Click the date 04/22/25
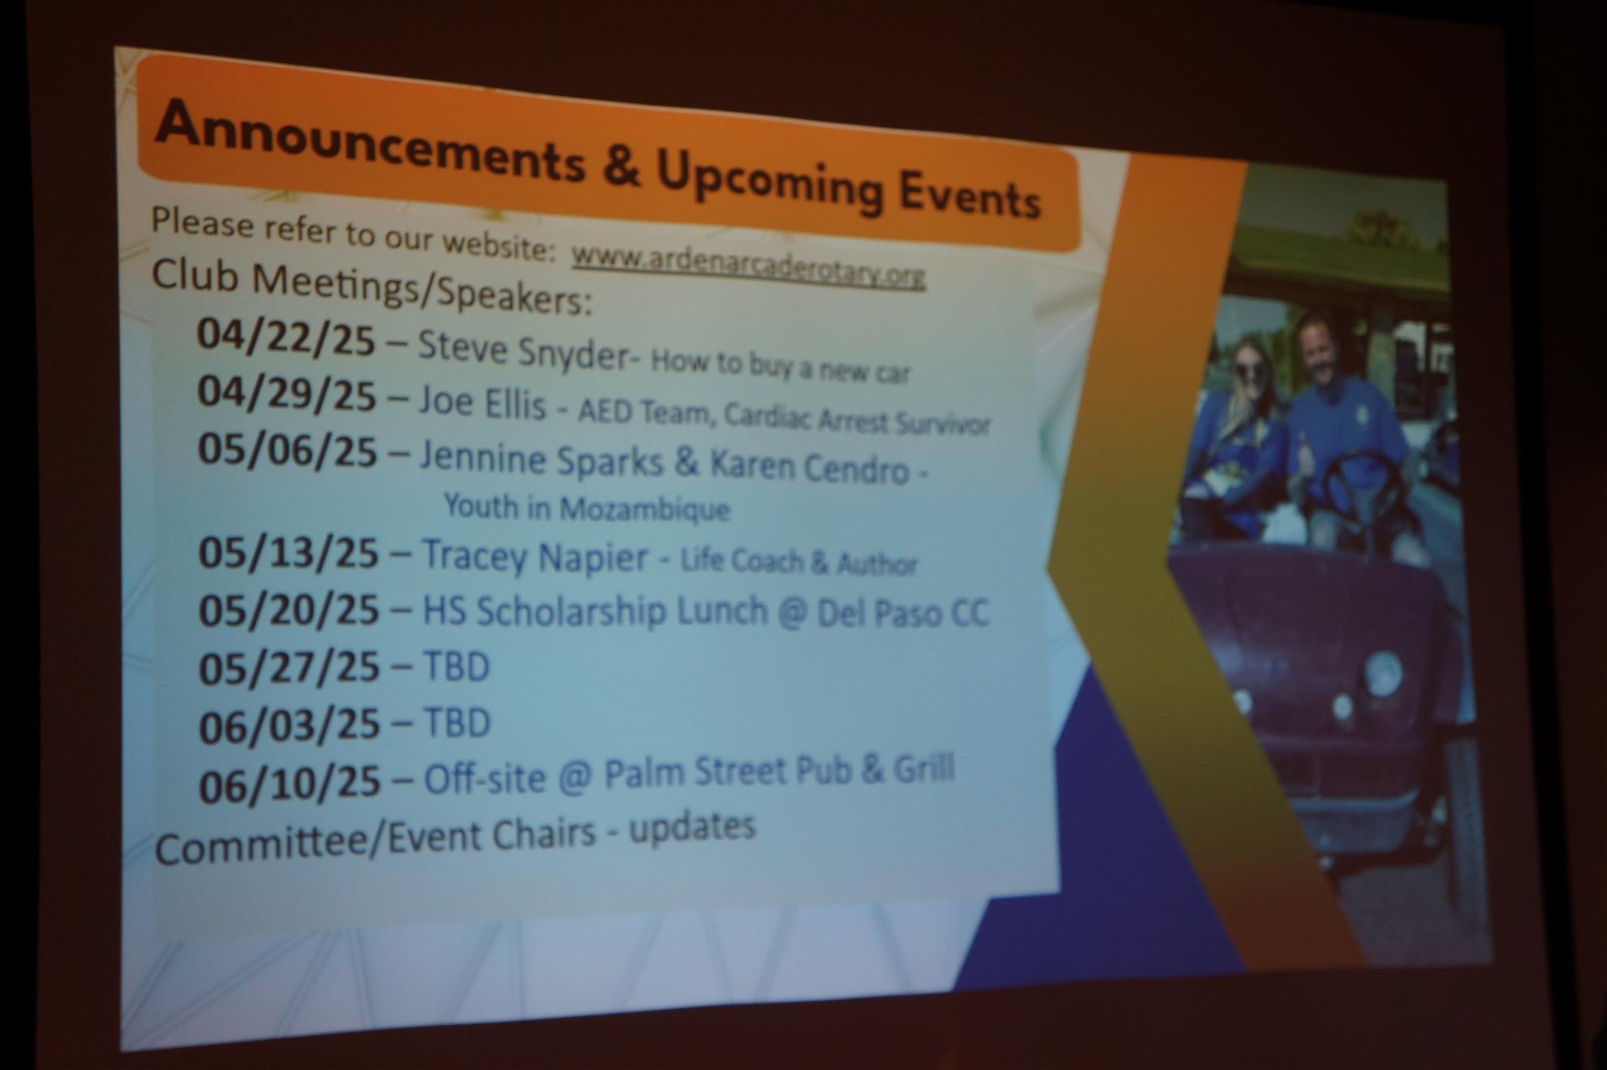coord(286,337)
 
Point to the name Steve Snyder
coord(524,350)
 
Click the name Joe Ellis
coord(482,402)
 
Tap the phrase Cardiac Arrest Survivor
coord(857,419)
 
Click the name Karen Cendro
coord(809,466)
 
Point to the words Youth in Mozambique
coord(587,508)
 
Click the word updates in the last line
coord(692,827)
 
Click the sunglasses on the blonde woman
coord(1250,371)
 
